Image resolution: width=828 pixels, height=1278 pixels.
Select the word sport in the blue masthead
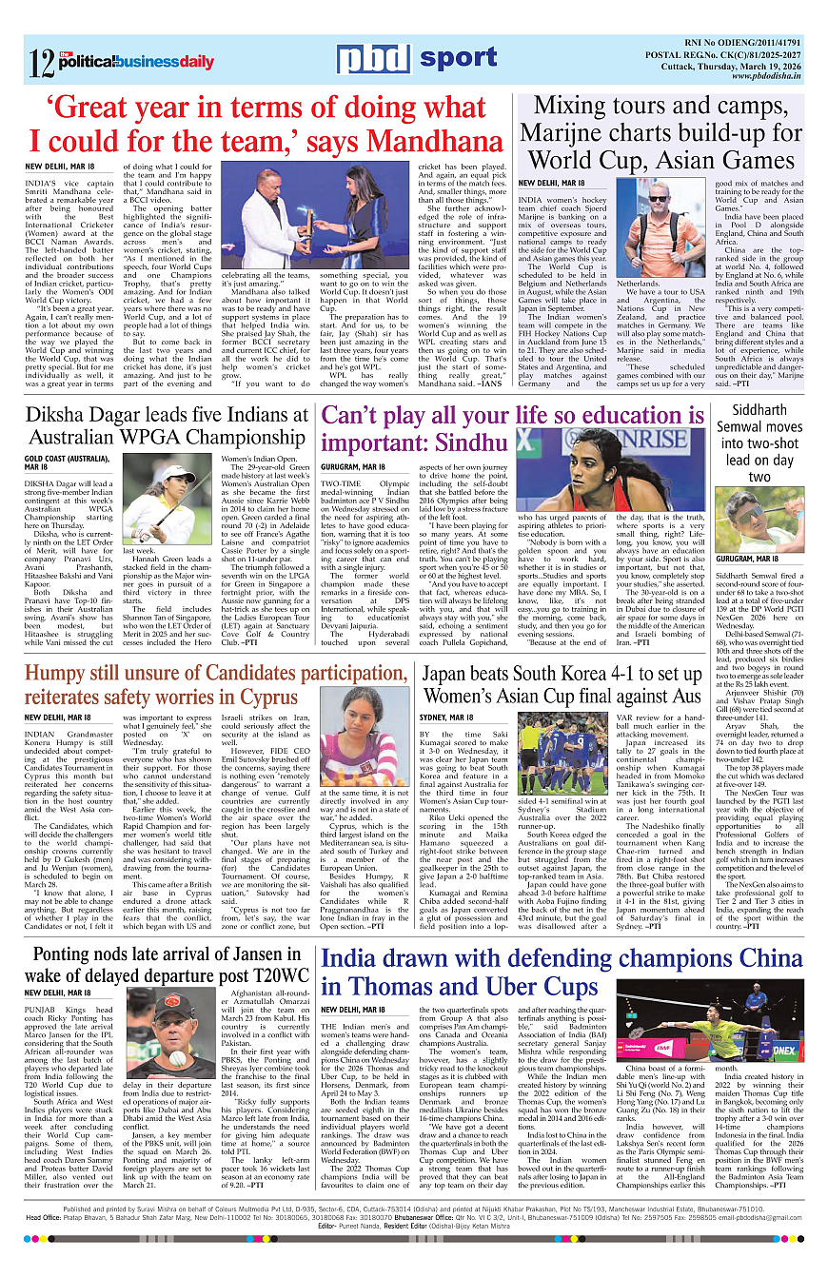460,58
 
